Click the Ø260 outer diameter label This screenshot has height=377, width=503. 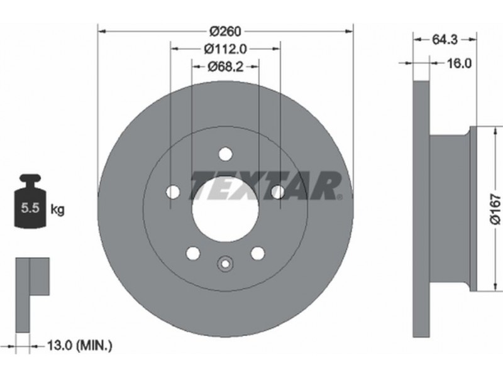point(225,31)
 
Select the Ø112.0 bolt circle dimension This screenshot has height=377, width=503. point(226,49)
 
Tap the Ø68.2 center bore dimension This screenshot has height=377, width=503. point(226,67)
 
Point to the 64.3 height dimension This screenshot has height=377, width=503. point(445,40)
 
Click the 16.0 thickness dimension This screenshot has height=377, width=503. point(460,63)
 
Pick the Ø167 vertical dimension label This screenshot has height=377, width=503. point(495,209)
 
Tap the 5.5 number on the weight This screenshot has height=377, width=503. point(30,208)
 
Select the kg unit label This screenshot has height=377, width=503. point(57,210)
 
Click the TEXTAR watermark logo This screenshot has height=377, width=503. point(266,185)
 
